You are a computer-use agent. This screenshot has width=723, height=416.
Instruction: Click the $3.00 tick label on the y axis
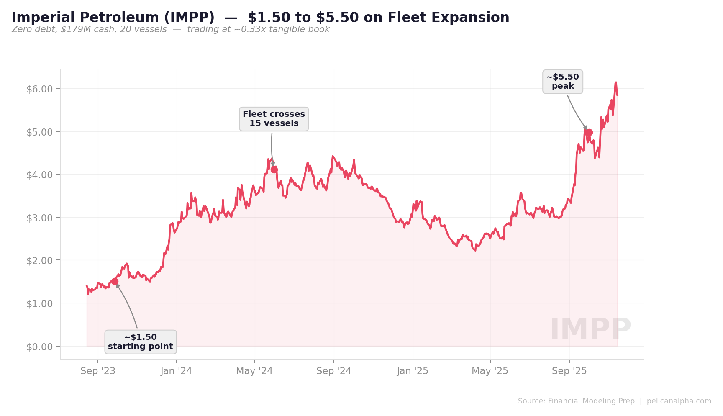(40, 218)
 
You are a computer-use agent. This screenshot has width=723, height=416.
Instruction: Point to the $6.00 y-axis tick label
(40, 89)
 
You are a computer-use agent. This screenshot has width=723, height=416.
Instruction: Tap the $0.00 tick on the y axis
(40, 347)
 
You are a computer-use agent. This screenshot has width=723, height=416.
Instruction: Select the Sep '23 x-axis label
(98, 371)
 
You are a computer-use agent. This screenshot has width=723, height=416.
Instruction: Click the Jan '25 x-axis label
(413, 371)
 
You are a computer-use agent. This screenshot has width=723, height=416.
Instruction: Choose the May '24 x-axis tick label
(254, 371)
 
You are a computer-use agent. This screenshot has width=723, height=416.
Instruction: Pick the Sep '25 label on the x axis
(569, 371)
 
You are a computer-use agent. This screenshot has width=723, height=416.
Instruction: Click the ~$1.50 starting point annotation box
(141, 342)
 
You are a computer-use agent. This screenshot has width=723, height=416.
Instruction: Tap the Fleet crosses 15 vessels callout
(274, 119)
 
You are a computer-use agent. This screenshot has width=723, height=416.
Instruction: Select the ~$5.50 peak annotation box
(563, 82)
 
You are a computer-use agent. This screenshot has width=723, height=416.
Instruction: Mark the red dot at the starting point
(115, 281)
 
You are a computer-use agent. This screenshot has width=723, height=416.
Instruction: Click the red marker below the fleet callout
(274, 169)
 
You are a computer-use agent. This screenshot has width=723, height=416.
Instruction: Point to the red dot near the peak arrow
(589, 133)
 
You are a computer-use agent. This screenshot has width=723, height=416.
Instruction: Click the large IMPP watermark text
(590, 329)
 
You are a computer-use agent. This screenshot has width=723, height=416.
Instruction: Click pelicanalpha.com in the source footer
(679, 401)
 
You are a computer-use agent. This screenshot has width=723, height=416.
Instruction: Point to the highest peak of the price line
(616, 83)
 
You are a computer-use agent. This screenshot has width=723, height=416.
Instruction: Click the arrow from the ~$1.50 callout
(128, 306)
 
